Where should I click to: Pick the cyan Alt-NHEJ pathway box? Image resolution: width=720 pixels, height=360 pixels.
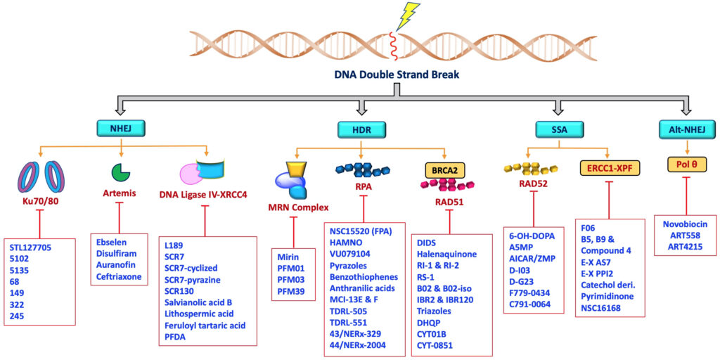tap(687, 129)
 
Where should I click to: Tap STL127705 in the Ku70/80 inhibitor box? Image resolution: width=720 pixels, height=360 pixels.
tap(30, 247)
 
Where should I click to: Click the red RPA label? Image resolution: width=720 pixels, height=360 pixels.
tap(364, 187)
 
